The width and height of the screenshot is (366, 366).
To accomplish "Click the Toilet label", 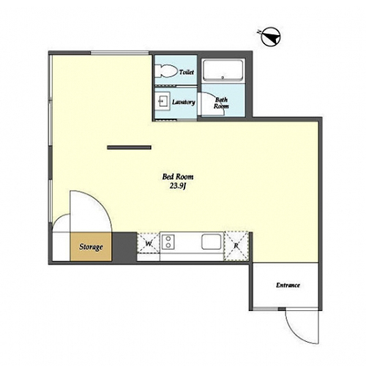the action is pyautogui.click(x=187, y=72).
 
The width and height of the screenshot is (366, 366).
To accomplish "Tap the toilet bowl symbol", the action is pyautogui.click(x=166, y=71).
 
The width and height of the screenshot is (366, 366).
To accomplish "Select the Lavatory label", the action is pyautogui.click(x=184, y=102).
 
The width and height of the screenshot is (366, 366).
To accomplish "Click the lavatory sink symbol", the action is pyautogui.click(x=163, y=101).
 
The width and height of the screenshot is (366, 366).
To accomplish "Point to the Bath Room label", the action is pyautogui.click(x=221, y=103).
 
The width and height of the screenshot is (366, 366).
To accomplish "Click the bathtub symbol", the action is pyautogui.click(x=223, y=70).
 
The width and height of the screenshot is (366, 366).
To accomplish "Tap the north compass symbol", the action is pyautogui.click(x=270, y=37).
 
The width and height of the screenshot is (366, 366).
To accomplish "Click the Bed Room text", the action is pyautogui.click(x=178, y=176).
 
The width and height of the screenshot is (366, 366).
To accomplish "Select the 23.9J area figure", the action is pyautogui.click(x=178, y=186).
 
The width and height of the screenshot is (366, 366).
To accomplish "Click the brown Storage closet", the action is pyautogui.click(x=91, y=247).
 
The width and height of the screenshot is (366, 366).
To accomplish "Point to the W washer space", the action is pyautogui.click(x=149, y=244).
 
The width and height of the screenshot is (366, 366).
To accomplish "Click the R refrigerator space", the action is pyautogui.click(x=236, y=246).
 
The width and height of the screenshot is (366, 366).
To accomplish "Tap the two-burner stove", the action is pyautogui.click(x=168, y=242).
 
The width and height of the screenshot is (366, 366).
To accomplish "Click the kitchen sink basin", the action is pyautogui.click(x=212, y=242).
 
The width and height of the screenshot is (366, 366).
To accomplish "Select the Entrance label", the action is pyautogui.click(x=288, y=285).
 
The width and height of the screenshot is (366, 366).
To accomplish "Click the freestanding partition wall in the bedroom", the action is pyautogui.click(x=130, y=147).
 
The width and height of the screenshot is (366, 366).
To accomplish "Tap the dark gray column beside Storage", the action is pyautogui.click(x=124, y=247).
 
